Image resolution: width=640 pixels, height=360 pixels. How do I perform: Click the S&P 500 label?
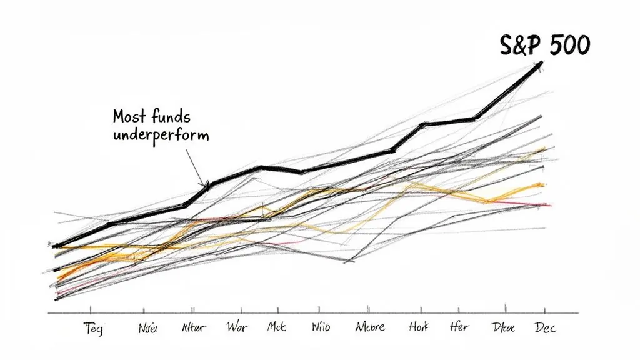[544, 46]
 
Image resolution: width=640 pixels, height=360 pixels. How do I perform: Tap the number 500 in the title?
[565, 46]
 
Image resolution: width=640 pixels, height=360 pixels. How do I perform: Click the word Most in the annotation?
[130, 116]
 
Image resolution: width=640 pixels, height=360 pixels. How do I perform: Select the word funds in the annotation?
[171, 116]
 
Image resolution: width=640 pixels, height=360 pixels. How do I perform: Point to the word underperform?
[161, 134]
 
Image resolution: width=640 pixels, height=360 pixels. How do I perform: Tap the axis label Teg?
[92, 329]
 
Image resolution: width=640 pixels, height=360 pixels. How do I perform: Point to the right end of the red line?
[550, 205]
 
